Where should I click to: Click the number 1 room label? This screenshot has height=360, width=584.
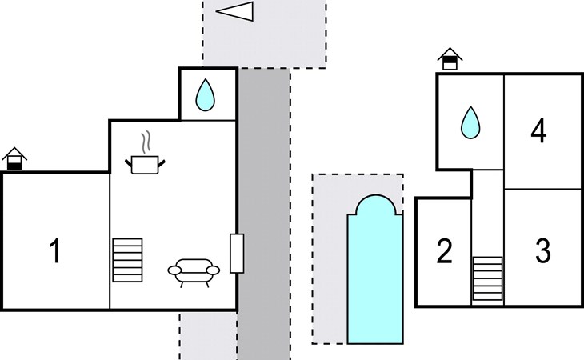(x=55, y=250)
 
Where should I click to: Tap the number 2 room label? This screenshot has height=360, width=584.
(x=444, y=251)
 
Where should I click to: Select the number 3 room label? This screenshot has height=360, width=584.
(x=542, y=250)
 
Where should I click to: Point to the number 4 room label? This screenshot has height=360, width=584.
(x=538, y=130)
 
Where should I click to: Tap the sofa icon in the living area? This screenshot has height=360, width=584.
(x=194, y=273)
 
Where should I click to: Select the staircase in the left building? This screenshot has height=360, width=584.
(x=127, y=260)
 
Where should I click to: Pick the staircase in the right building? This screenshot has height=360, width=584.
(x=487, y=278)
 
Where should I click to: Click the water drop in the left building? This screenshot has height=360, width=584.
(x=206, y=94)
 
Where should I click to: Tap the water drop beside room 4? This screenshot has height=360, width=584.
(x=470, y=123)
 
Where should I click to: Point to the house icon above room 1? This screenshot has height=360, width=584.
(x=14, y=158)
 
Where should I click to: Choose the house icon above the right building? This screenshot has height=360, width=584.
(x=450, y=59)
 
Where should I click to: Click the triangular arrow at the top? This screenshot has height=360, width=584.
(x=234, y=11)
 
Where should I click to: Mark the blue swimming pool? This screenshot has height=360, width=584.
(x=375, y=269)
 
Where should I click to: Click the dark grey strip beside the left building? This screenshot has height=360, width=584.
(x=264, y=214)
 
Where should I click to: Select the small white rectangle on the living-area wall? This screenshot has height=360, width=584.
(x=237, y=253)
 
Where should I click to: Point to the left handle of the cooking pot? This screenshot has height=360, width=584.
(x=128, y=162)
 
